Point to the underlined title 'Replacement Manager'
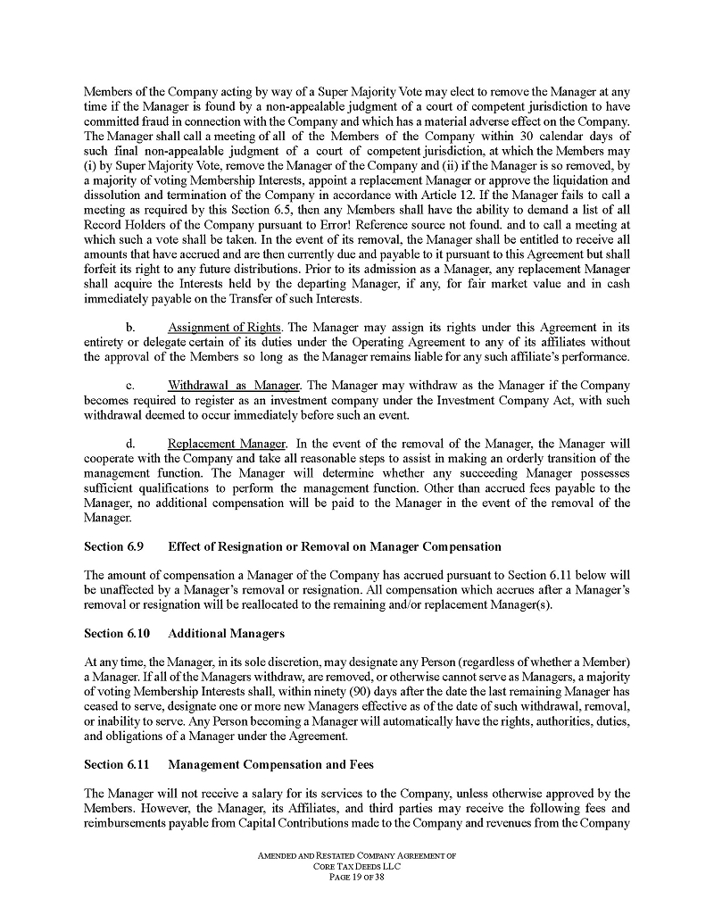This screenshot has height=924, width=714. click(227, 444)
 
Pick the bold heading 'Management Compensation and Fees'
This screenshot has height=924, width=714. click(270, 764)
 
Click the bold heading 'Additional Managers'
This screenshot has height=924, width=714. click(226, 633)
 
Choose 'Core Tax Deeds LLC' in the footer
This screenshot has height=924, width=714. click(356, 866)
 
